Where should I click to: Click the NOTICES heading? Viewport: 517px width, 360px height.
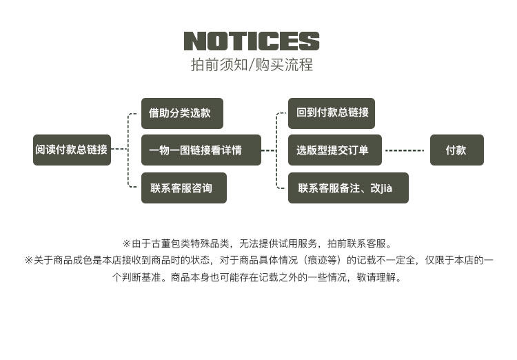(x=252, y=41)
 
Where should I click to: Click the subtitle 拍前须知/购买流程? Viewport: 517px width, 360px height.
(x=252, y=66)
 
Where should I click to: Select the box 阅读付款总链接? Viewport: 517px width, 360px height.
(x=72, y=150)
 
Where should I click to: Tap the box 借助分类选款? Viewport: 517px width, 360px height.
(x=182, y=113)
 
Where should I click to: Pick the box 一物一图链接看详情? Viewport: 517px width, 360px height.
(x=201, y=150)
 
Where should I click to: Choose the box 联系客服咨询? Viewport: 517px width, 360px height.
(x=183, y=188)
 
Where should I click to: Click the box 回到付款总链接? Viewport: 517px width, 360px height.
(x=332, y=113)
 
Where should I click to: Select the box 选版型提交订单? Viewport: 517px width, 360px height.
(x=334, y=150)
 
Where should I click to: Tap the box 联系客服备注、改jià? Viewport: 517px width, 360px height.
(x=348, y=188)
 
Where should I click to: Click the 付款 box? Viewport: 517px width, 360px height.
(x=456, y=150)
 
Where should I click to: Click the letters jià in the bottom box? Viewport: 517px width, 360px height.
(x=386, y=188)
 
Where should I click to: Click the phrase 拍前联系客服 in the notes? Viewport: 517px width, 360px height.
(x=356, y=243)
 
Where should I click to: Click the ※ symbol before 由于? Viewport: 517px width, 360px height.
(x=126, y=243)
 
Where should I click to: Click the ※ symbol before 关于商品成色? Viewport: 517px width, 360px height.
(x=29, y=261)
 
